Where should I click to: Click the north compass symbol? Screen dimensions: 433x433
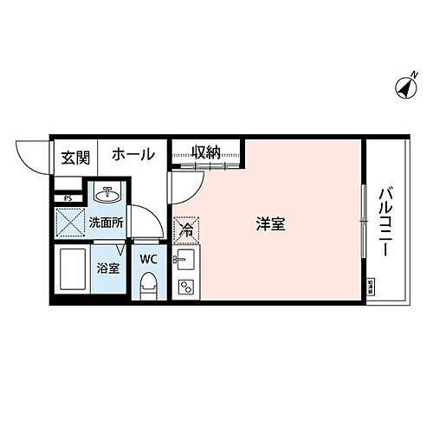tap(404, 86)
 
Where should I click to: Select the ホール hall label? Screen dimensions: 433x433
tap(132, 155)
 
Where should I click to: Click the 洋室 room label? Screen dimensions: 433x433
tap(270, 223)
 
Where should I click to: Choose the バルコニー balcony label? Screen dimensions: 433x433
tap(383, 219)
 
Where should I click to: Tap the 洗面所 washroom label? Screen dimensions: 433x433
tap(106, 223)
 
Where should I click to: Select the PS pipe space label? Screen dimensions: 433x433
tap(67, 184)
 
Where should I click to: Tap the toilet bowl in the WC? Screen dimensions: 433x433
tap(148, 284)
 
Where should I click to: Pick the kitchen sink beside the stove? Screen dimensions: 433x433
tap(184, 261)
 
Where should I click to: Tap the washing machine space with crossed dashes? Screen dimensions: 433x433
tap(69, 223)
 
